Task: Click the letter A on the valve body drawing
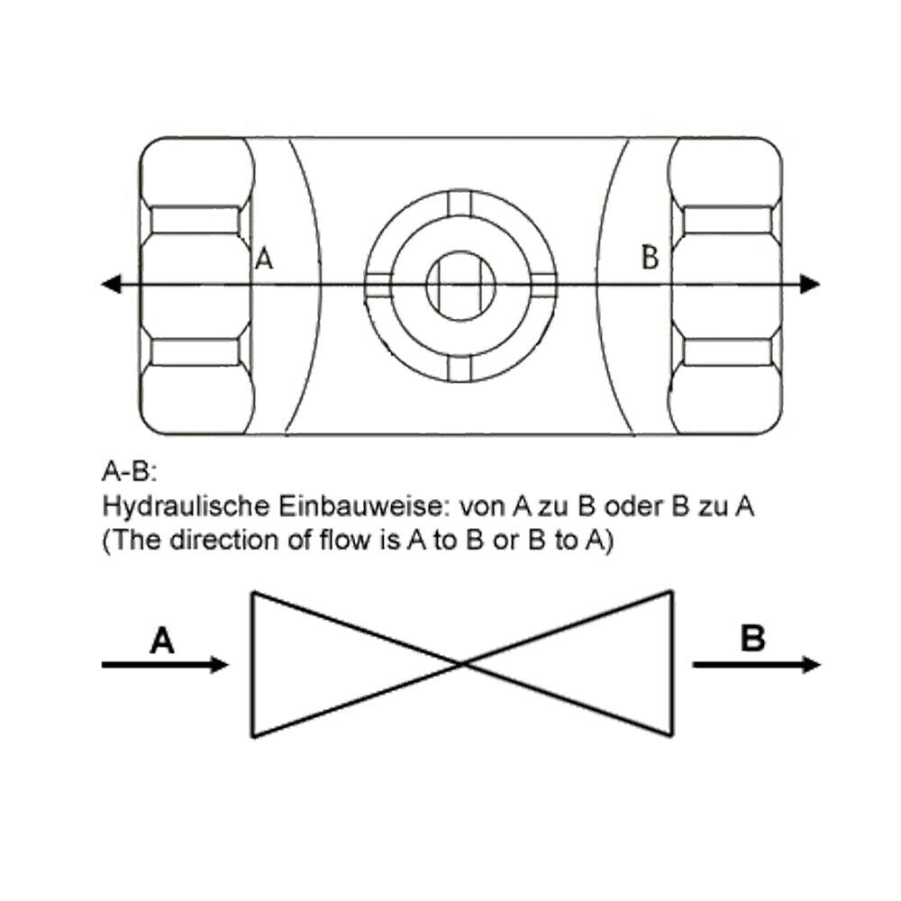[264, 259]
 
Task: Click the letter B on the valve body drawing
[650, 258]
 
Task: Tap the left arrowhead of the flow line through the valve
[110, 285]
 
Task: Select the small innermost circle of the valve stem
[460, 286]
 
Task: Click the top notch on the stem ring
[460, 205]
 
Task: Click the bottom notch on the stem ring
[460, 368]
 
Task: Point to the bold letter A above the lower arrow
[162, 642]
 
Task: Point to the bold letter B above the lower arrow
[752, 640]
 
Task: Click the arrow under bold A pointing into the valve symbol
[166, 665]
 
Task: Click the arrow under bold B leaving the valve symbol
[757, 665]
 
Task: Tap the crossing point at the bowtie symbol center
[463, 664]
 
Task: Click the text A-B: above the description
[130, 471]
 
